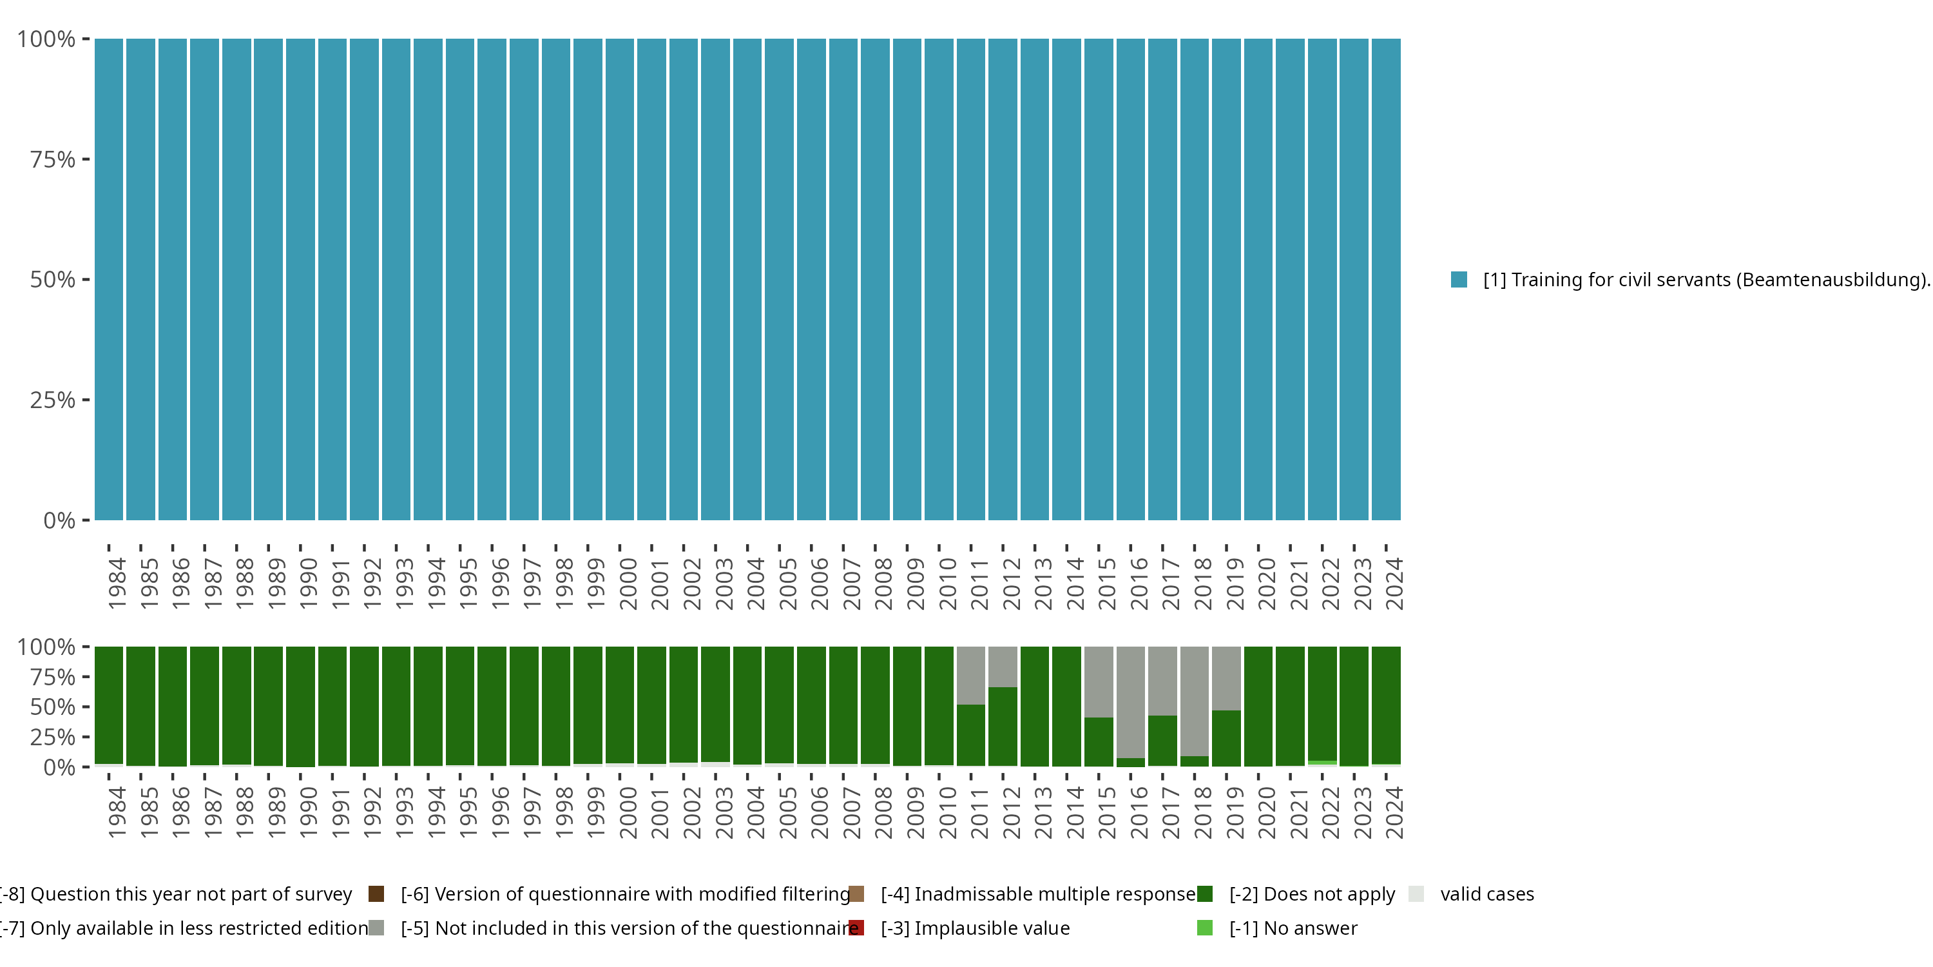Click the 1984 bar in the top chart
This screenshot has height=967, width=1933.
(x=109, y=279)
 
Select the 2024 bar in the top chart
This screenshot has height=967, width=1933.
(x=1386, y=279)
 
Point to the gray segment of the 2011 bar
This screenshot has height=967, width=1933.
(x=970, y=674)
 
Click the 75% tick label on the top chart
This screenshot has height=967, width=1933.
(x=53, y=159)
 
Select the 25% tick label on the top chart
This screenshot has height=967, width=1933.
(x=53, y=400)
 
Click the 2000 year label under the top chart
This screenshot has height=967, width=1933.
(x=628, y=584)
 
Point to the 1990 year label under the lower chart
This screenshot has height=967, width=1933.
(x=309, y=813)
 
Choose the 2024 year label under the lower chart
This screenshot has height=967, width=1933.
(x=1394, y=813)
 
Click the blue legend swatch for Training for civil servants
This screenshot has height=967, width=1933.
(x=1459, y=279)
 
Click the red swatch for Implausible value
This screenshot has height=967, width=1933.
(x=856, y=928)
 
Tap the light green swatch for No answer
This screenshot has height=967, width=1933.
(x=1204, y=928)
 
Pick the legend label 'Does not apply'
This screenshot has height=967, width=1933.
(x=1312, y=894)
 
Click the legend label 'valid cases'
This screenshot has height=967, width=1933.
(x=1486, y=894)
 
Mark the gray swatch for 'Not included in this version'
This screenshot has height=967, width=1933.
(x=377, y=928)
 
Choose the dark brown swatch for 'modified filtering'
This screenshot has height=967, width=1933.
(x=377, y=894)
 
